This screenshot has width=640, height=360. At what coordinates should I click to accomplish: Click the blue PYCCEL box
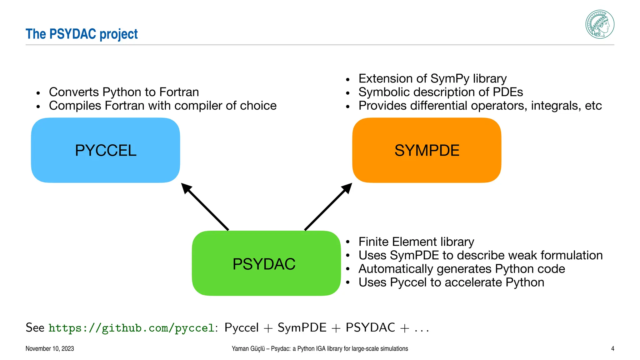106,150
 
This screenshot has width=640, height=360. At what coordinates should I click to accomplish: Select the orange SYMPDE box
427,150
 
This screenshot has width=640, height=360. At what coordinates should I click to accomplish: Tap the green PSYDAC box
266,263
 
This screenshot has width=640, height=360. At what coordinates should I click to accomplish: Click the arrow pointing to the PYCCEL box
205,207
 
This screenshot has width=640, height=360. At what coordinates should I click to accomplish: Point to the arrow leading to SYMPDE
328,207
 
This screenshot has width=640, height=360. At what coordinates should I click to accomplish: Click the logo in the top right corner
600,24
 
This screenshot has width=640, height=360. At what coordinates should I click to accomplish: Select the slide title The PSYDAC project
82,34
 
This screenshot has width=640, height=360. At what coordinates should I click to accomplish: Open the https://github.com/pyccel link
131,328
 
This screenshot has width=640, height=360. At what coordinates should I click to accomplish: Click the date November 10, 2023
50,349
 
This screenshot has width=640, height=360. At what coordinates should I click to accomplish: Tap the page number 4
612,349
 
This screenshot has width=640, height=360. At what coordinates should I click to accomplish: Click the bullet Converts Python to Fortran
124,92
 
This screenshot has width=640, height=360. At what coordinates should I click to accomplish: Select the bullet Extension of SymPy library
432,79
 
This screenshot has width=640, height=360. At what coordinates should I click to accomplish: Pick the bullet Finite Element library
416,242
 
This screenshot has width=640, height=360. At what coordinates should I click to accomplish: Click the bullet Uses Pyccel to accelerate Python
451,282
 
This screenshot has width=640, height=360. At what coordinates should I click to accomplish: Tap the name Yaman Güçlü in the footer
248,349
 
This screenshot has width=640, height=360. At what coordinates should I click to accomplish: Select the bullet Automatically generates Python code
462,269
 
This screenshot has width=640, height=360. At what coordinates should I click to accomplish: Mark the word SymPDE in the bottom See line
302,328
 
